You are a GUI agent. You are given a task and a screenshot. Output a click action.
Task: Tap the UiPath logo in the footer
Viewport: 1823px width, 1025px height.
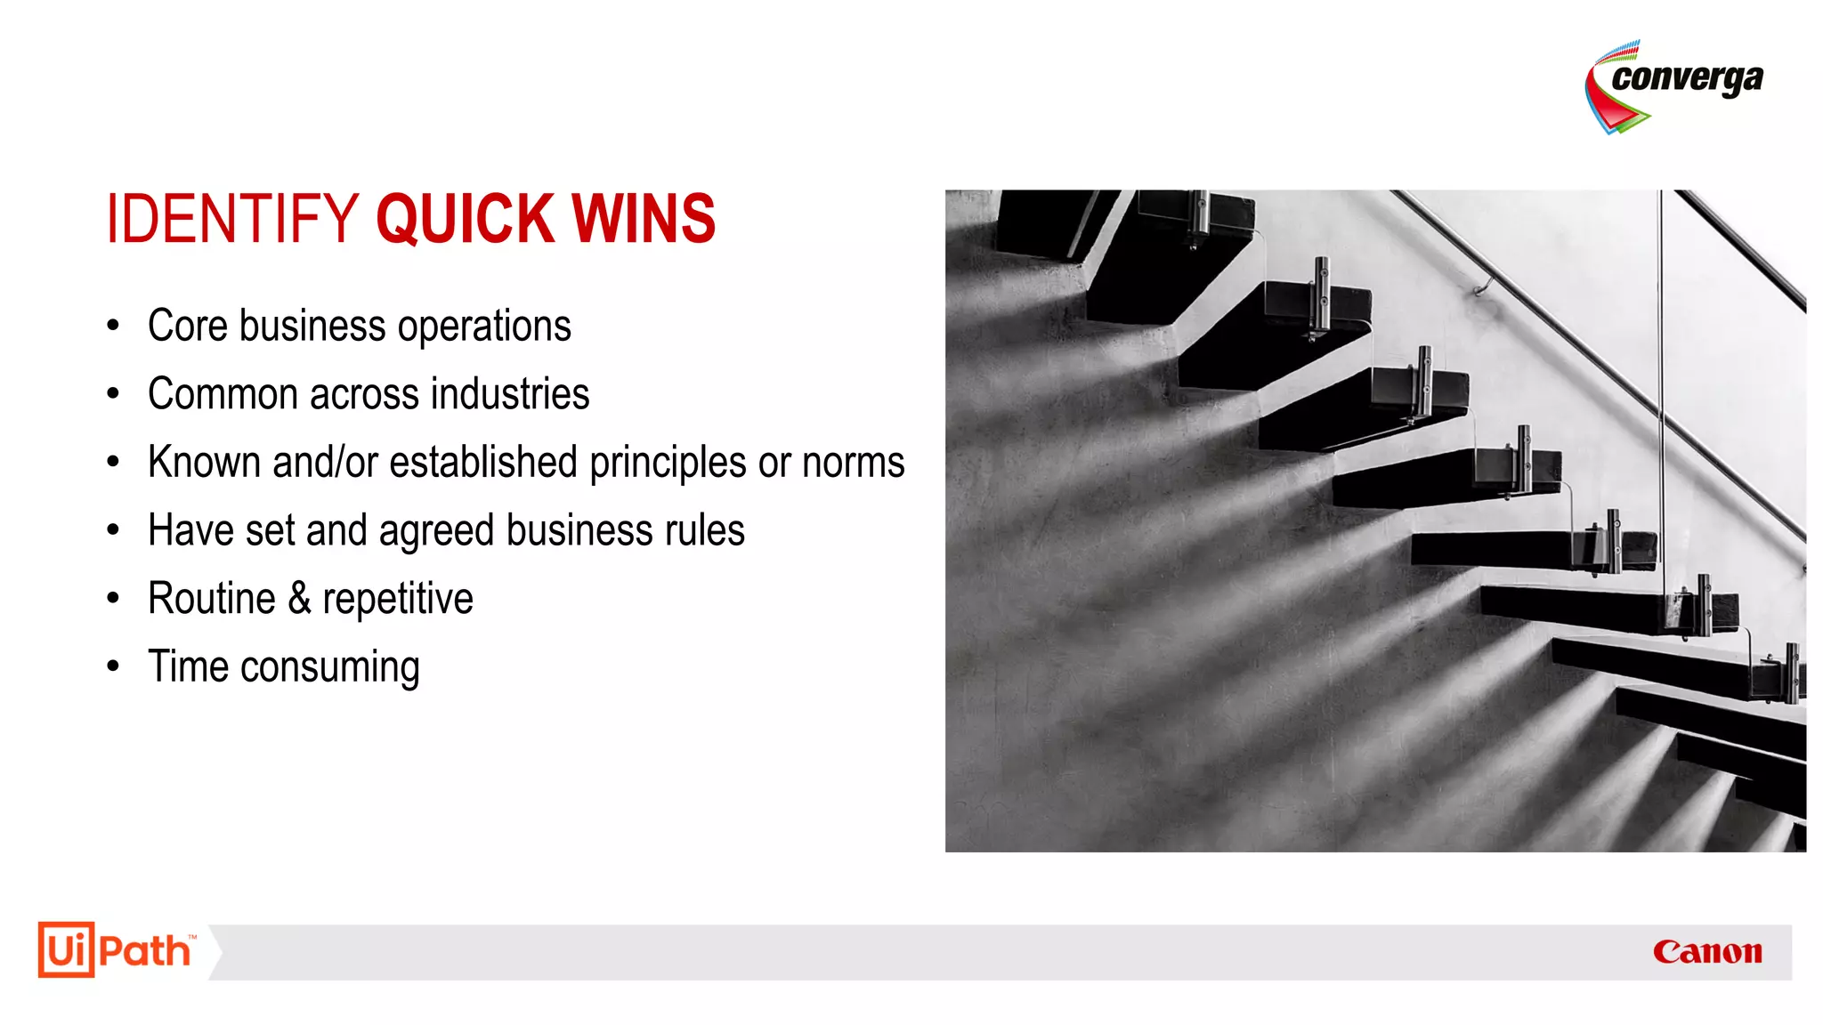(x=116, y=950)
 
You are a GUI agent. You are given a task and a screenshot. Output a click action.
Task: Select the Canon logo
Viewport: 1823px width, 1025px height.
(x=1706, y=952)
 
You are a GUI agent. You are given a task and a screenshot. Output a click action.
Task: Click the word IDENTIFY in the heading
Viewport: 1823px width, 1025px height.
(x=232, y=219)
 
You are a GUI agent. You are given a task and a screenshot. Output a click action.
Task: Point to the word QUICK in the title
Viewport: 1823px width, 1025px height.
(x=464, y=219)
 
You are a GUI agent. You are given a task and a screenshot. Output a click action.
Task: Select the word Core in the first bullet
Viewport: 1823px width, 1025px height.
(x=188, y=326)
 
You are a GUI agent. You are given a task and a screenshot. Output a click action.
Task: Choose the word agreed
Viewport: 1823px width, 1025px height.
(x=436, y=531)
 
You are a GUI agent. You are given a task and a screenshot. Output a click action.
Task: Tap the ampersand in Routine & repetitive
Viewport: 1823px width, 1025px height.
(x=299, y=599)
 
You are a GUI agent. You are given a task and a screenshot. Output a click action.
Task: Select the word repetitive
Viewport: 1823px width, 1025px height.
(x=398, y=600)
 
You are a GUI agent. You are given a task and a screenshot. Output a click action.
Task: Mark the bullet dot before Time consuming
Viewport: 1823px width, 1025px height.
(x=113, y=666)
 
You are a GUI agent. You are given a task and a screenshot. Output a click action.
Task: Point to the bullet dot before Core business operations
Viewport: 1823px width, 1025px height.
(x=113, y=326)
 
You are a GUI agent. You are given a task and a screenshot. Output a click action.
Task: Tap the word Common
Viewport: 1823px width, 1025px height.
(x=223, y=394)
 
